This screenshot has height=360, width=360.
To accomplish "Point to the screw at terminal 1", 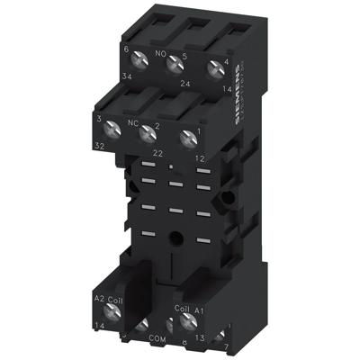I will point(187,138).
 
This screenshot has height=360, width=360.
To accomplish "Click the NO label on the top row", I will point(163,55).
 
